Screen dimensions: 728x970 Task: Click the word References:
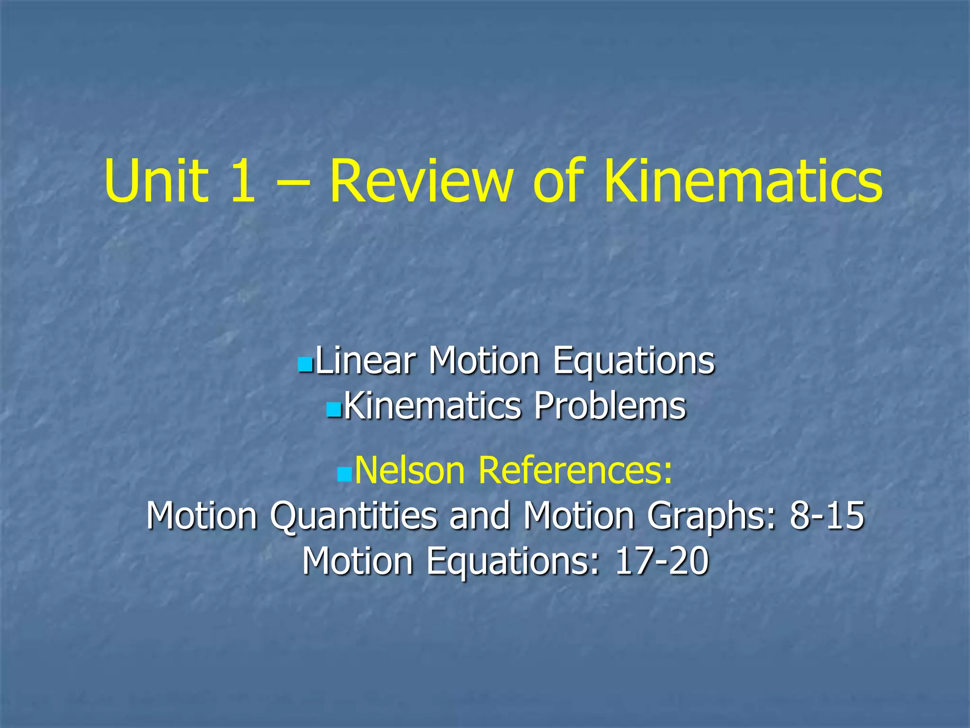coord(575,470)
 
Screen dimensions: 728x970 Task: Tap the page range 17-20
coord(662,561)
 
